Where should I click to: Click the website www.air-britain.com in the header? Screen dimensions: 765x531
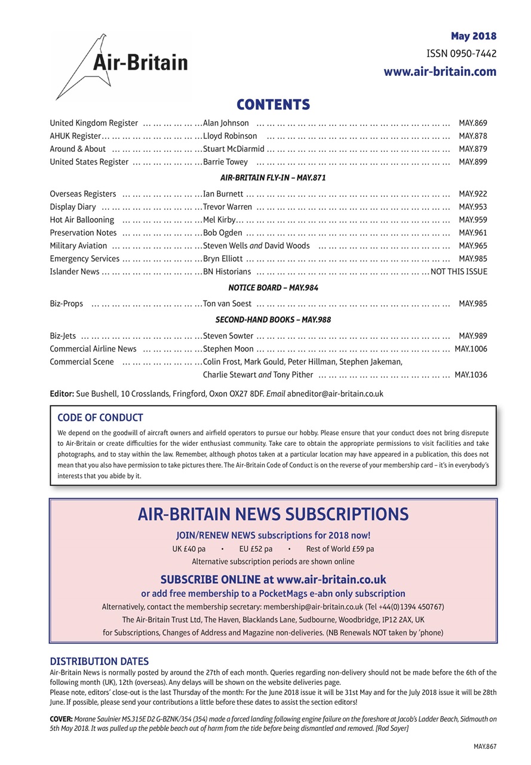point(440,72)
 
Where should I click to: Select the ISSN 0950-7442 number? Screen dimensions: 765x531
point(461,54)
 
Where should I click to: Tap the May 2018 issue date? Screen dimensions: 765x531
point(473,36)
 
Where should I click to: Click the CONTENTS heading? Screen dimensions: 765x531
point(273,105)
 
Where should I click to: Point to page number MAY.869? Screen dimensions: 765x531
point(472,123)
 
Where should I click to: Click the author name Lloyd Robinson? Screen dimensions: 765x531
point(230,136)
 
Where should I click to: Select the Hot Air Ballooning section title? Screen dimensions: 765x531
point(82,219)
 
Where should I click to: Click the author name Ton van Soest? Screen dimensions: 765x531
point(227,304)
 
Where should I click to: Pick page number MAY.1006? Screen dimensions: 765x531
point(471,348)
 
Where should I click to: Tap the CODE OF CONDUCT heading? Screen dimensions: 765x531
point(100,417)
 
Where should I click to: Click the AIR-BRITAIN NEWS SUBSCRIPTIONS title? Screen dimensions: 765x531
point(273,514)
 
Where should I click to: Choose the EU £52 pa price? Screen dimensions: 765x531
point(256,549)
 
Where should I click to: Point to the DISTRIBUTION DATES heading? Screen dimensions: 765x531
point(99,661)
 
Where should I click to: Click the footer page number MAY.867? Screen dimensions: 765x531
point(485,746)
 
